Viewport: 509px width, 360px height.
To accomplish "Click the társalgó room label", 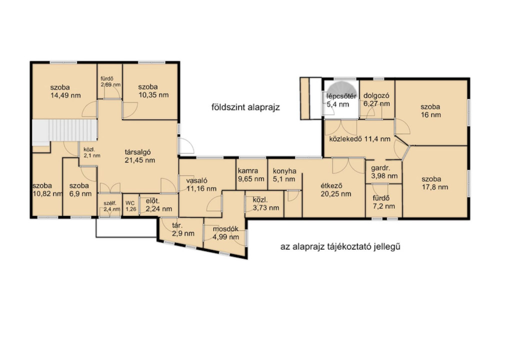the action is (138, 152).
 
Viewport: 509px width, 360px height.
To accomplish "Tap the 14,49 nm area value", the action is (65, 95).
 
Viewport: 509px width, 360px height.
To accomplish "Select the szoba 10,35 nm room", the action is (150, 91).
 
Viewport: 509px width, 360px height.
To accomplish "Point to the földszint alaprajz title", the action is (245, 107).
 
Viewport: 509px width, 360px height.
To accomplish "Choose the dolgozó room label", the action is (376, 96).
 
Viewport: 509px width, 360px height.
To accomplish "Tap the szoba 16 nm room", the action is (431, 112).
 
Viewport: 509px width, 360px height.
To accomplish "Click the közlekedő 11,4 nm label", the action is (359, 139).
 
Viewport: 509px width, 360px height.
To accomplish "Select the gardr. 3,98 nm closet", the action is (383, 172).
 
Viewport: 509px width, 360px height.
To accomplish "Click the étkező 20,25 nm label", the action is (336, 190).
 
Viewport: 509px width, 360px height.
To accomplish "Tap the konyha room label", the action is (284, 171).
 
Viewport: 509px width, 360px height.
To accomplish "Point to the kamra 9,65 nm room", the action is (251, 174).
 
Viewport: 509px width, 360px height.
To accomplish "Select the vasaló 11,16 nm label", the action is (201, 184).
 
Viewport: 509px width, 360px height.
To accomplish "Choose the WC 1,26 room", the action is (131, 206).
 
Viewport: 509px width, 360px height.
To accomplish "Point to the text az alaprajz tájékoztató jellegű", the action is (340, 246).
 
